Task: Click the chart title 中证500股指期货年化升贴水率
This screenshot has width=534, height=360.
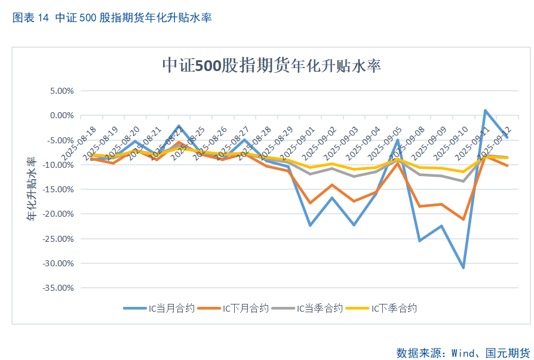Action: point(272,66)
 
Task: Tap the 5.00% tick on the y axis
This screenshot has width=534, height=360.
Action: point(60,91)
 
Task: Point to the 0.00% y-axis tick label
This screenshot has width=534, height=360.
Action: point(60,115)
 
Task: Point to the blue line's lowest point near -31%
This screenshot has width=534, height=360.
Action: point(463,267)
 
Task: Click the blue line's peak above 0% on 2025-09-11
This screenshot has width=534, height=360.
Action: point(485,110)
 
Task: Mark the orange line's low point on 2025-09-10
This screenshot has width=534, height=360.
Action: point(463,219)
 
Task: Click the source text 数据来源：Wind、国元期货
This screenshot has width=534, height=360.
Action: point(463,352)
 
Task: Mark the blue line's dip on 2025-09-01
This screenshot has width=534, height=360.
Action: point(310,225)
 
